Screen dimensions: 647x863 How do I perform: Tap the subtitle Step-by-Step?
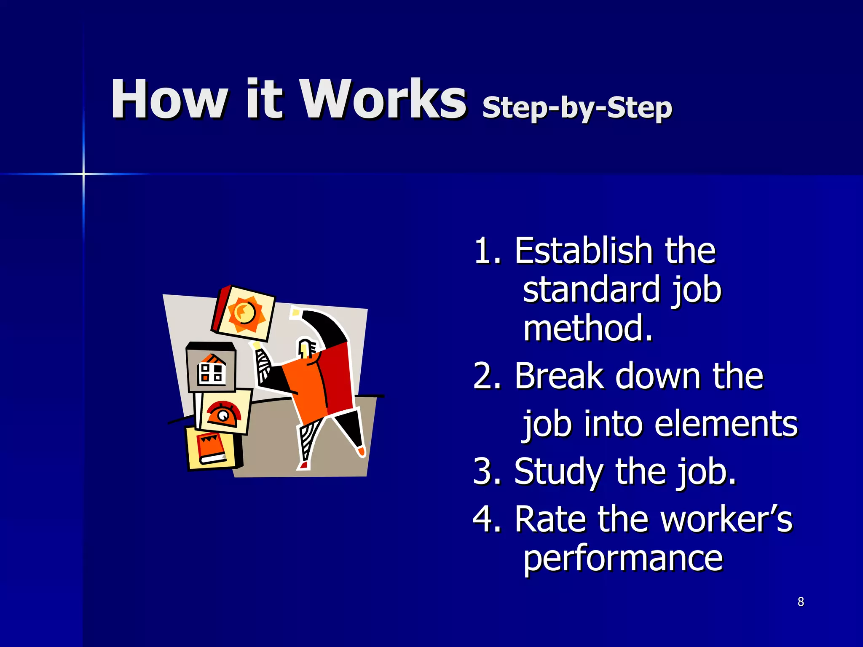pyautogui.click(x=577, y=108)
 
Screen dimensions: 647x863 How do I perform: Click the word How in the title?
pyautogui.click(x=169, y=99)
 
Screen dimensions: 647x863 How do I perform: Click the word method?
pyautogui.click(x=587, y=329)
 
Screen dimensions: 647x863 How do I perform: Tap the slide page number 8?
pyautogui.click(x=801, y=602)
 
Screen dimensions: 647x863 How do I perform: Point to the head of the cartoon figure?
pyautogui.click(x=307, y=348)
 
